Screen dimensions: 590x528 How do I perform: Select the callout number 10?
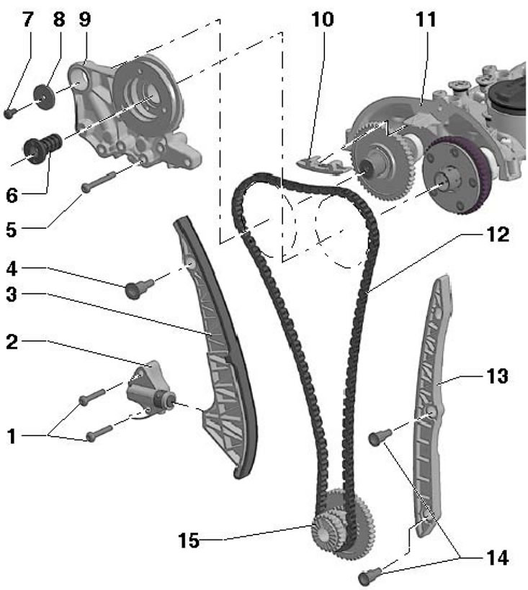pos(321,19)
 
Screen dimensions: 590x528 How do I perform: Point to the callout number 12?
pos(496,235)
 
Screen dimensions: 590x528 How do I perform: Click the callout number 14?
pos(496,558)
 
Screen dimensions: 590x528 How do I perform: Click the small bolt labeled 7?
pos(9,112)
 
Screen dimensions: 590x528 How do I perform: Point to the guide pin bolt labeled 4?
pos(135,289)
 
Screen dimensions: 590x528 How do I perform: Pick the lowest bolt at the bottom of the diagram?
pos(370,576)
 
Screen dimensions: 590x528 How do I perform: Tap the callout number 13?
pos(496,376)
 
